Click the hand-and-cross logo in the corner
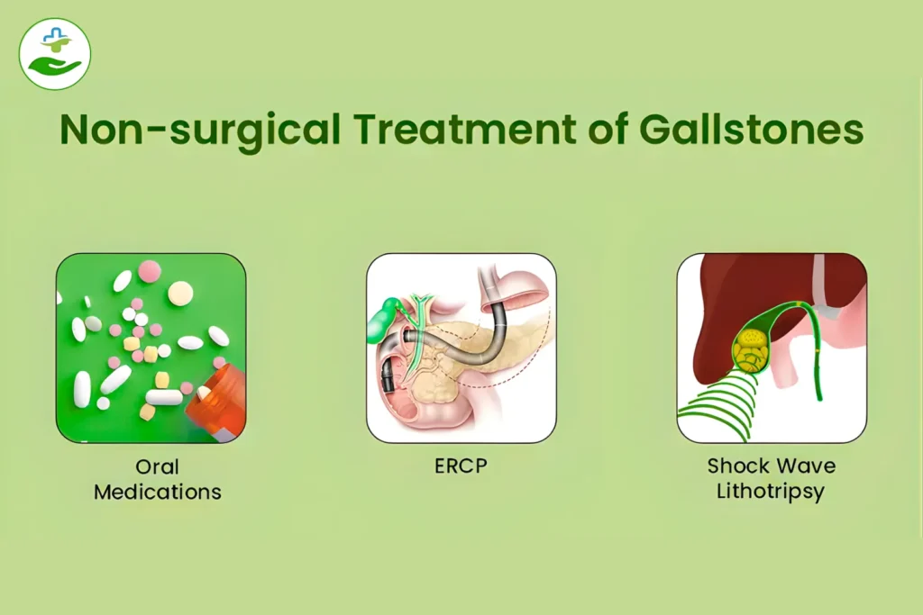(x=55, y=53)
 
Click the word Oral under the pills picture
(x=158, y=467)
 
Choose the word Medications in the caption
(x=158, y=493)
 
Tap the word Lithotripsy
(x=772, y=493)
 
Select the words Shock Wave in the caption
(x=772, y=466)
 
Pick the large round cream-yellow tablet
(x=180, y=293)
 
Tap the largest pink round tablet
(x=150, y=270)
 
